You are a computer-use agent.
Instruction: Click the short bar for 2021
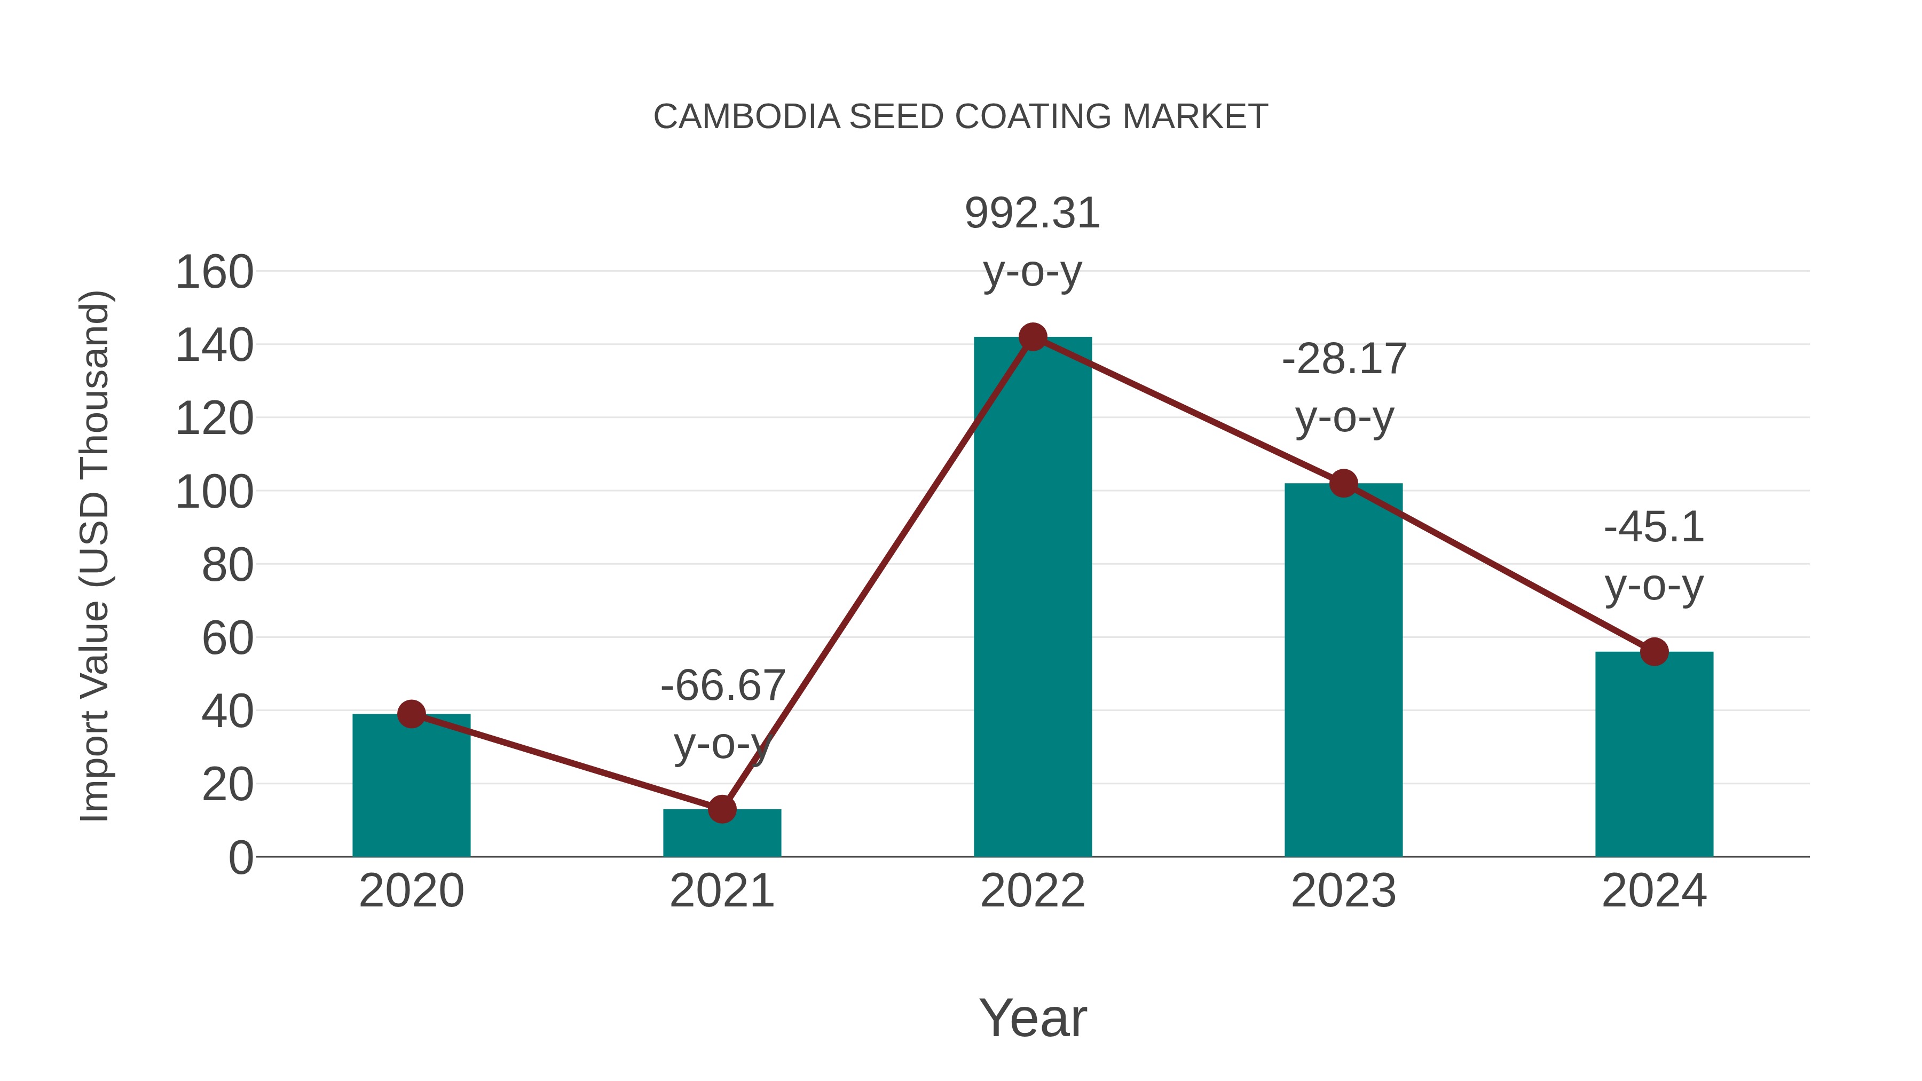tap(721, 834)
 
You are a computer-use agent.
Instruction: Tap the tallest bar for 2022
tap(1033, 597)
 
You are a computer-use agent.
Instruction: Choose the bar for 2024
tap(1654, 753)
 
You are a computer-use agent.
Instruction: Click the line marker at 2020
tap(411, 714)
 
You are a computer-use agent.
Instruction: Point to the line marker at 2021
tap(721, 809)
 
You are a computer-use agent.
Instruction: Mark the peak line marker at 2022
tap(1033, 337)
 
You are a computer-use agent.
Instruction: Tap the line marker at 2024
tap(1654, 652)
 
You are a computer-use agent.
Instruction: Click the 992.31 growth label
tap(1033, 214)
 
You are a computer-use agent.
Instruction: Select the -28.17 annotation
tap(1344, 360)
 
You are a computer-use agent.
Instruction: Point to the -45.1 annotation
tap(1654, 528)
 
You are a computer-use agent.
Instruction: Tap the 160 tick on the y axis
tap(214, 272)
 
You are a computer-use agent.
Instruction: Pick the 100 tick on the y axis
tap(214, 492)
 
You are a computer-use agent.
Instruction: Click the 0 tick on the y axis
tap(241, 858)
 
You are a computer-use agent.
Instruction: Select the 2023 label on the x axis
tap(1343, 891)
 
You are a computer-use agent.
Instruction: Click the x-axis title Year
tap(1033, 1019)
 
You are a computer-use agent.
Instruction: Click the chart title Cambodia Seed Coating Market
tap(960, 117)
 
